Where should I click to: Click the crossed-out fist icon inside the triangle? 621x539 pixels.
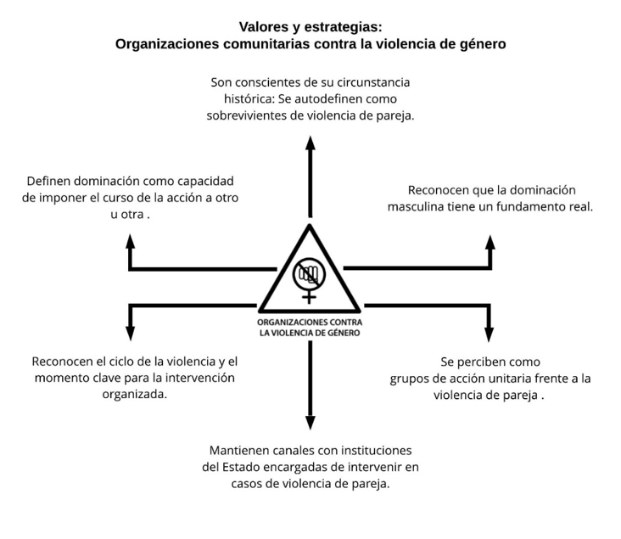tap(310, 274)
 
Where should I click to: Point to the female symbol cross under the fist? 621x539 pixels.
tap(309, 296)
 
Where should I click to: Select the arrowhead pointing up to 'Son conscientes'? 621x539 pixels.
tap(310, 143)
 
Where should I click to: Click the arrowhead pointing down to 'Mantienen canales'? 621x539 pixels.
tap(310, 423)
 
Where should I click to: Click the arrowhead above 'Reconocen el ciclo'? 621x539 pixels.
tap(131, 334)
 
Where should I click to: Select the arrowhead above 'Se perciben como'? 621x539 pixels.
tap(490, 334)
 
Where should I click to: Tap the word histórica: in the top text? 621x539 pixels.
tap(249, 99)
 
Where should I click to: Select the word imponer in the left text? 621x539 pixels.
tap(60, 198)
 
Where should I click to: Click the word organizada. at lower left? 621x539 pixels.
tap(135, 395)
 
